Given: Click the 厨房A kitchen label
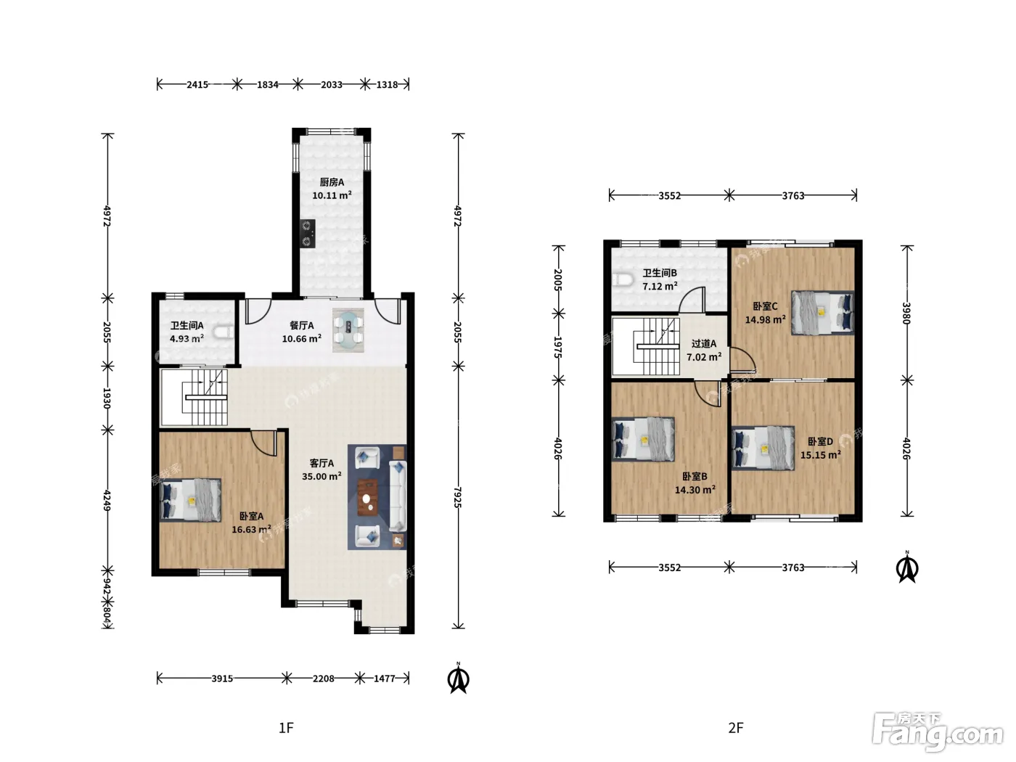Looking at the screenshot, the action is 332,182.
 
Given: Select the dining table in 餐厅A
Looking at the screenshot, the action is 348,330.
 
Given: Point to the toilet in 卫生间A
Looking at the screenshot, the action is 224,332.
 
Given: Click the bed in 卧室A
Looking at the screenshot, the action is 190,501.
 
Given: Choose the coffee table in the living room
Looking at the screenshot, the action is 368,497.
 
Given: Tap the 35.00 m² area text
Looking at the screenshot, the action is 321,477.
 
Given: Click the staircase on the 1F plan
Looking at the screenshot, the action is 194,398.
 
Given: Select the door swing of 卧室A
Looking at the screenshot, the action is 264,443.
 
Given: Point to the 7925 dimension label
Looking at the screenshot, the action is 457,497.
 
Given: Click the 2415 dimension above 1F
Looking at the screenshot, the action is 197,85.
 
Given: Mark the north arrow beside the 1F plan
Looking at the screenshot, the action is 458,679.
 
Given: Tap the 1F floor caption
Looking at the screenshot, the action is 286,728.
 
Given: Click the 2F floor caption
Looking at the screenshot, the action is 735,728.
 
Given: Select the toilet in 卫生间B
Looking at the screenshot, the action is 623,279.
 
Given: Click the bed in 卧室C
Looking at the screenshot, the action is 822,313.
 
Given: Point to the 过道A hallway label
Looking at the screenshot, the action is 704,344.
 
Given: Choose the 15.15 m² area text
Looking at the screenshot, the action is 821,455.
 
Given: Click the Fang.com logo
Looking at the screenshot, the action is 938,732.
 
